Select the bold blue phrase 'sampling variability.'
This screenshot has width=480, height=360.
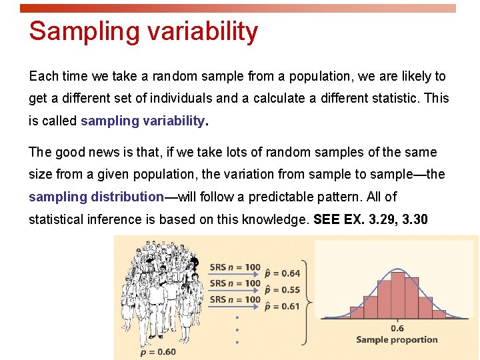145,121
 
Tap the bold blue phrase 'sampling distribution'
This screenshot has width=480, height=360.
96,197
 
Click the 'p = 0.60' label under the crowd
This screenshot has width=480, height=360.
158,352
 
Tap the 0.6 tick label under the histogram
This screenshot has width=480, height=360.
397,328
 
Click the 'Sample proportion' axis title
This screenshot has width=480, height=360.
397,339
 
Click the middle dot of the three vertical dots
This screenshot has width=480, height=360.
237,329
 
